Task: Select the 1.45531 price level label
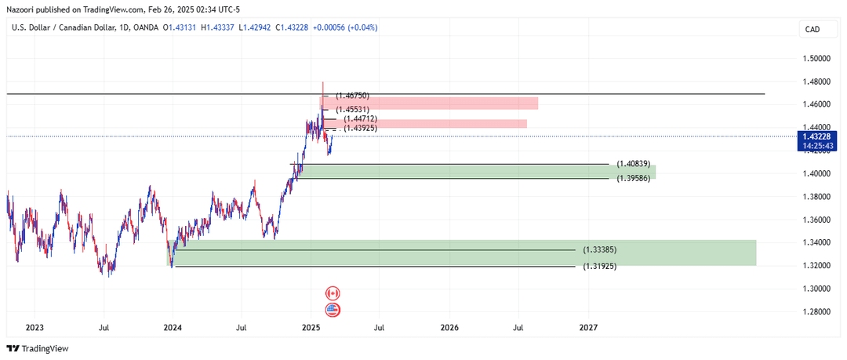pyautogui.click(x=353, y=109)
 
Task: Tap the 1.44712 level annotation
pyautogui.click(x=361, y=118)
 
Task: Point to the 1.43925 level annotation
pyautogui.click(x=361, y=127)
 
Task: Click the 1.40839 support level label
pyautogui.click(x=633, y=163)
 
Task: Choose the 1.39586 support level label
pyautogui.click(x=633, y=178)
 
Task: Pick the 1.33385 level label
pyautogui.click(x=599, y=249)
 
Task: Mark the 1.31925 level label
pyautogui.click(x=599, y=267)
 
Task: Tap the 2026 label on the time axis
pyautogui.click(x=449, y=326)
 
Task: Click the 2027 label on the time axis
pyautogui.click(x=588, y=326)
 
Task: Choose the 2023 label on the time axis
pyautogui.click(x=35, y=326)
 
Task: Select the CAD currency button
pyautogui.click(x=812, y=30)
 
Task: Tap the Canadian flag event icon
pyautogui.click(x=333, y=293)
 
